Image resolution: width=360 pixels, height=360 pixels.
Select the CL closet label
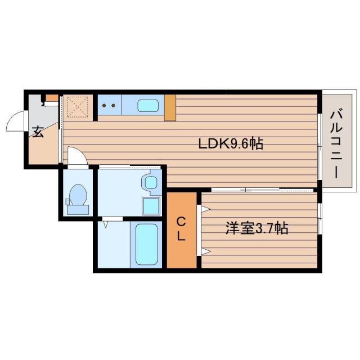(181, 228)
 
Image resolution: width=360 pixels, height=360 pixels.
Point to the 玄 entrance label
(37, 132)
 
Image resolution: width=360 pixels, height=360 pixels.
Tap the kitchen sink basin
(148, 105)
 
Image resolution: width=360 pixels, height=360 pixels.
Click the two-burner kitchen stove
(109, 105)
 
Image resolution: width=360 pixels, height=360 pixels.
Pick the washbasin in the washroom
(151, 182)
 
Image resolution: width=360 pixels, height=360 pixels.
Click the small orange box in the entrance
(52, 98)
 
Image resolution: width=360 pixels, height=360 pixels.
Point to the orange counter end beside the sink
(170, 107)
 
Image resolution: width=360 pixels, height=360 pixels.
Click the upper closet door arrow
(206, 210)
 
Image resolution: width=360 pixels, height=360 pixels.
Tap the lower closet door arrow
(206, 251)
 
